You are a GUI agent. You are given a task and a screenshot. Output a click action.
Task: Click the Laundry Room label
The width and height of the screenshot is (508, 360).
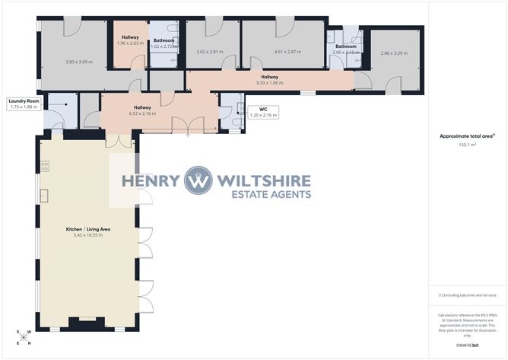pos(23,100)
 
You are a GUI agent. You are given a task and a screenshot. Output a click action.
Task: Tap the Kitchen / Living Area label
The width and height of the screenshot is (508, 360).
pos(84,228)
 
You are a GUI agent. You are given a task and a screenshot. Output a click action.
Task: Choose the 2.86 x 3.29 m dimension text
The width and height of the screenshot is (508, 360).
pos(394,53)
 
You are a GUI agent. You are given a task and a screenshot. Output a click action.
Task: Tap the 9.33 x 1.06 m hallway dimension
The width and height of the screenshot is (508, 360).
pos(269,83)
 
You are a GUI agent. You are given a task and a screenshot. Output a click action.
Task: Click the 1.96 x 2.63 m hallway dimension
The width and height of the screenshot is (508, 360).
pos(131,43)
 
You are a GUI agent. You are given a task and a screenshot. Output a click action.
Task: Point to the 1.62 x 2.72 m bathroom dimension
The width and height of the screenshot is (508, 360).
pos(164,46)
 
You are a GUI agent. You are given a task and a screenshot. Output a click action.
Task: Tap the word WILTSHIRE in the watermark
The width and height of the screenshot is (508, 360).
pos(264,180)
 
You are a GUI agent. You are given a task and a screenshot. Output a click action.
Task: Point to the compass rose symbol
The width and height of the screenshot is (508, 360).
pos(25,337)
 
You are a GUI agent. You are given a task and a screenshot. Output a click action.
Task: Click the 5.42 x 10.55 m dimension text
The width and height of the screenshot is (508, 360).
pos(84,234)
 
